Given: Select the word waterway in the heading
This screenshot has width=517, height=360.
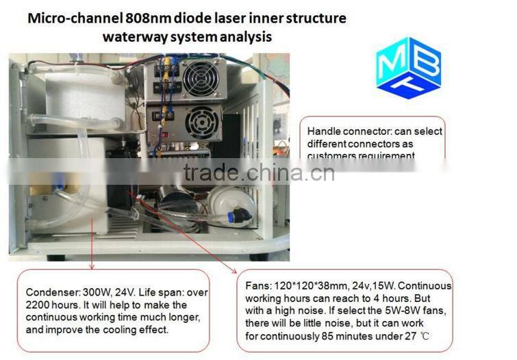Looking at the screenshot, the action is [x=133, y=36].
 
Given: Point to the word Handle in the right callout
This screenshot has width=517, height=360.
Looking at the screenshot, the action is [x=323, y=131].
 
